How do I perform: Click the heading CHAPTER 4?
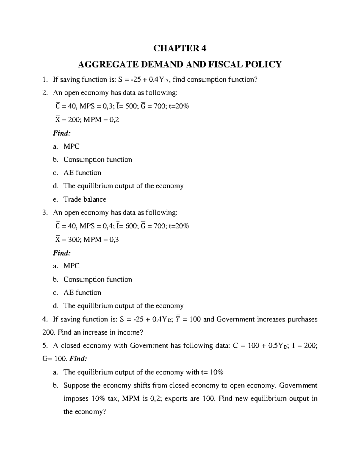click(x=180, y=48)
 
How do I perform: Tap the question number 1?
click(x=45, y=80)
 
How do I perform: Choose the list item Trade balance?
click(x=85, y=199)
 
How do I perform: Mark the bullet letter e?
click(x=55, y=199)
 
